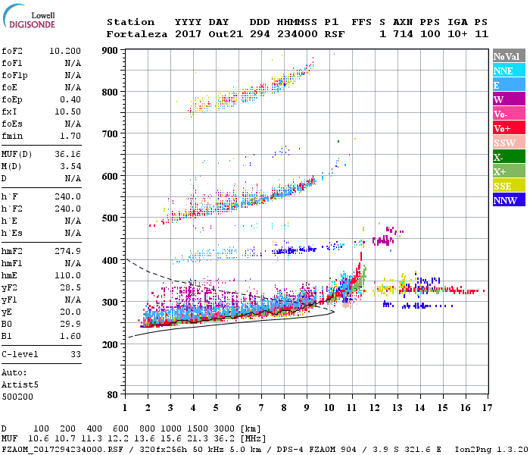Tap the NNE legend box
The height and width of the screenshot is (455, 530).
[x=503, y=71]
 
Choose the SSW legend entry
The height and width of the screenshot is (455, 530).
[x=503, y=143]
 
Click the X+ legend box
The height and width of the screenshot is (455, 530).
[x=503, y=171]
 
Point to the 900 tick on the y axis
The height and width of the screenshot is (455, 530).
[x=110, y=50]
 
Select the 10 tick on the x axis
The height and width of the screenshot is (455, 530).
[x=329, y=409]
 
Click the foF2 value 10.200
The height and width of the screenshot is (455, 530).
[x=65, y=50]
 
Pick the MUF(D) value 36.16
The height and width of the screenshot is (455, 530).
[x=68, y=154]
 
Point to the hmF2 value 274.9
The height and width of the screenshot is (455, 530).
[x=68, y=250]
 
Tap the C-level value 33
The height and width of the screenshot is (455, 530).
[x=75, y=353]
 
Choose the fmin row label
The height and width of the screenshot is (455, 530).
[x=12, y=136]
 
